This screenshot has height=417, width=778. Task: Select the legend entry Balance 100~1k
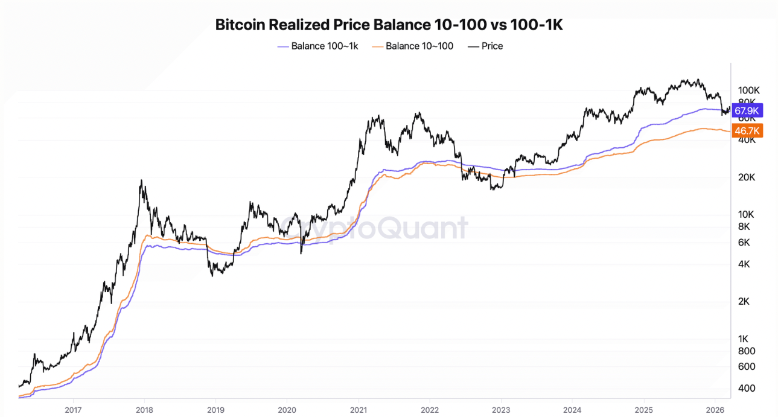coord(324,46)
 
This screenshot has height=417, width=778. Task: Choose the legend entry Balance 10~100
coord(419,46)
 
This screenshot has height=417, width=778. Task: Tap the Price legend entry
coord(492,46)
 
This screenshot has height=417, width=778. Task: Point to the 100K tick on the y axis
coord(748,90)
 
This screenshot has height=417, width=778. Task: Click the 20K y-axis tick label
coord(746,177)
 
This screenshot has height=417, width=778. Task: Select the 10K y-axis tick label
coord(746,214)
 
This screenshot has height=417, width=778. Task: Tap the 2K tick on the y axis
coord(744,301)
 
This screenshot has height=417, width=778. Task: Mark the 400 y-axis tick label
coord(746,388)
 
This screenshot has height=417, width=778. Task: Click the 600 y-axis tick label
coord(746,366)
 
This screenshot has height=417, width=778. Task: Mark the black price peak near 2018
coord(141,180)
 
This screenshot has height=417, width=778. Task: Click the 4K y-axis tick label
coord(744,264)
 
